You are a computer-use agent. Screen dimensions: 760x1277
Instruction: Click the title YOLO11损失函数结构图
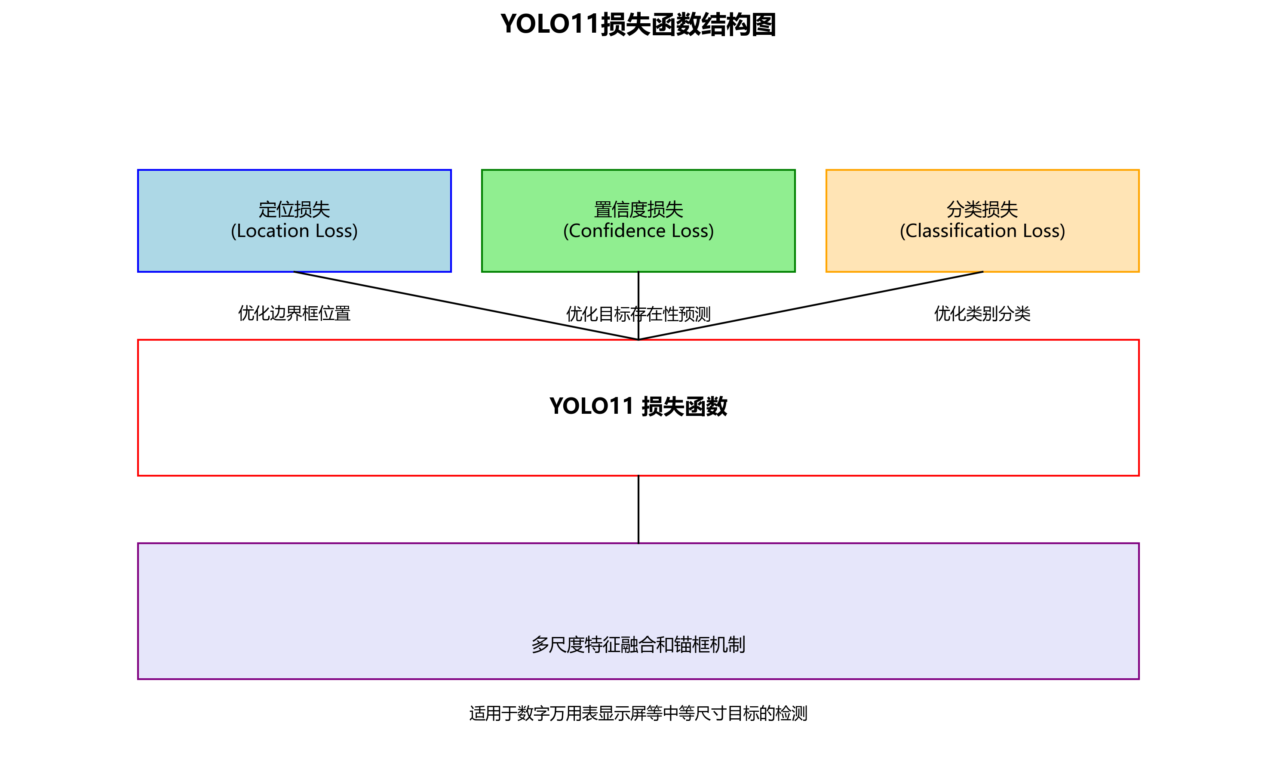(x=638, y=25)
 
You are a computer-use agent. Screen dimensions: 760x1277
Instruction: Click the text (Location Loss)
(x=294, y=231)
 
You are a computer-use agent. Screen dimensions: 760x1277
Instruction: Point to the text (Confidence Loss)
(x=638, y=231)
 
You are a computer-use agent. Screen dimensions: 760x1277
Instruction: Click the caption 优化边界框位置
(x=294, y=314)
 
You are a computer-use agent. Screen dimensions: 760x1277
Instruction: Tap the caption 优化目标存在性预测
(x=604, y=314)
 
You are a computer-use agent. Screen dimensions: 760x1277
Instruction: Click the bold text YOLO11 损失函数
(x=638, y=406)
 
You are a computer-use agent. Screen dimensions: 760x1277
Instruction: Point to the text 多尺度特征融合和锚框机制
(x=638, y=645)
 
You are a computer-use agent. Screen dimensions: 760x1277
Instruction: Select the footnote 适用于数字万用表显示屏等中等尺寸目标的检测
(x=638, y=714)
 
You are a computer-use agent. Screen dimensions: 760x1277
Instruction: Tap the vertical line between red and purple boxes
(x=638, y=509)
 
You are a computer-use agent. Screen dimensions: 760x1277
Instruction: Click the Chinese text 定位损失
(x=294, y=209)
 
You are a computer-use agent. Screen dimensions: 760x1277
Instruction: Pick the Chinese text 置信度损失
(x=638, y=209)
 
